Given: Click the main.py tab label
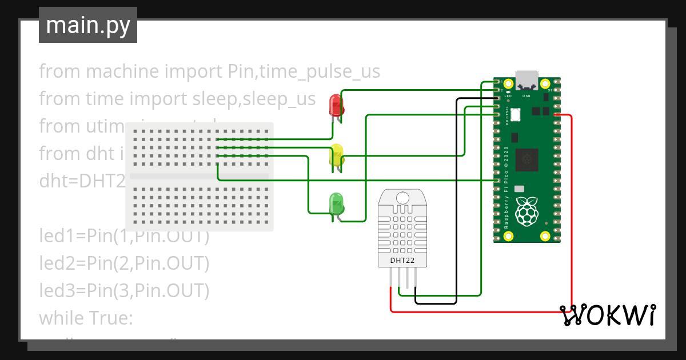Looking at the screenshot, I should tap(87, 25).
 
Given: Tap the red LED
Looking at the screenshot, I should tap(336, 106).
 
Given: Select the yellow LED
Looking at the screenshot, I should tap(336, 155).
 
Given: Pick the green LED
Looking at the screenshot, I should tap(336, 205).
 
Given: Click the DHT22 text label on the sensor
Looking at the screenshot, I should tap(402, 261).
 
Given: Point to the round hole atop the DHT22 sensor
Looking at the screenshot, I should tap(402, 198).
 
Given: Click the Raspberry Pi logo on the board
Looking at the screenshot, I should tap(527, 211).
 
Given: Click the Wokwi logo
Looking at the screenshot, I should tap(607, 315).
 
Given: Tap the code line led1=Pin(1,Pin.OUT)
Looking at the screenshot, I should tap(124, 236).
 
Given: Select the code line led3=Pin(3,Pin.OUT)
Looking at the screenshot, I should tap(124, 291).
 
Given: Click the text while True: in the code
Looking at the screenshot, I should tap(86, 318).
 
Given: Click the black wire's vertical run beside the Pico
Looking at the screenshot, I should tap(456, 200).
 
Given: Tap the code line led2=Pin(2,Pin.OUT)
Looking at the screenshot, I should tap(124, 263).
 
